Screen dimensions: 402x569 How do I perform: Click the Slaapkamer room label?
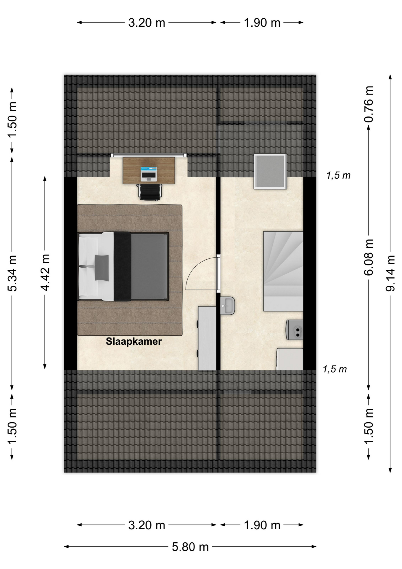[x=134, y=341]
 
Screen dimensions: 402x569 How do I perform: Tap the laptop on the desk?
[x=149, y=174]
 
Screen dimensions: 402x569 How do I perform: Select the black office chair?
[x=150, y=192]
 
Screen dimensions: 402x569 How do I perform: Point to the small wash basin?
[x=228, y=305]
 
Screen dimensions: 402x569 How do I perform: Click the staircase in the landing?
[x=283, y=271]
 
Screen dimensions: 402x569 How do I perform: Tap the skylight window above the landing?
[x=270, y=171]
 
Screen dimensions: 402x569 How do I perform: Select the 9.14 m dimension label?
[x=390, y=273]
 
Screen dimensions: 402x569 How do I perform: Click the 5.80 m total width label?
[x=190, y=547]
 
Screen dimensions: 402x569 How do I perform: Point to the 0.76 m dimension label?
[x=369, y=104]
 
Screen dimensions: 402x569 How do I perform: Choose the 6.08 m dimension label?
[x=369, y=258]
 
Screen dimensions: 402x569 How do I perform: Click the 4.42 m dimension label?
[x=45, y=272]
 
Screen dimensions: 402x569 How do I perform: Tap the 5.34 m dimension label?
[x=12, y=273]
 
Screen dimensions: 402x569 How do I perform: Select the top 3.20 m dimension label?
[x=147, y=23]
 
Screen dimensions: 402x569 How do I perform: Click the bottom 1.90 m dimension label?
[x=262, y=525]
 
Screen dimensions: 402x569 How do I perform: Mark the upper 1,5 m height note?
[x=338, y=175]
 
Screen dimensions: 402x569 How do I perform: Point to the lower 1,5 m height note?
[x=335, y=369]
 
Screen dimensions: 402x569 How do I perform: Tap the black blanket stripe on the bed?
[x=122, y=266]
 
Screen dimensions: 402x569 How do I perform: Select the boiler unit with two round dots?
[x=294, y=330]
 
